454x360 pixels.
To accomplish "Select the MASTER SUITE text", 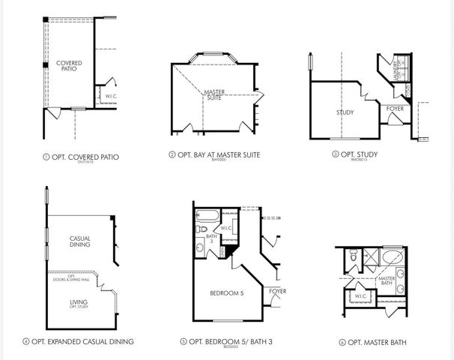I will tap(214, 95).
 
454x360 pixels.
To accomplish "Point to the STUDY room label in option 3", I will tap(345, 112).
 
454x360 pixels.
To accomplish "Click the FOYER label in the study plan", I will tap(395, 110).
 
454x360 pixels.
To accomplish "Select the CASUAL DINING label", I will tap(74, 241).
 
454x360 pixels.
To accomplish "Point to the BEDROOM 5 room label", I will tap(227, 293).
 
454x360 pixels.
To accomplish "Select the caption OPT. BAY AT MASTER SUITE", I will tap(219, 155).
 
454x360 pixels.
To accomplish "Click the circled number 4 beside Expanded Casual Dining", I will tap(26, 341).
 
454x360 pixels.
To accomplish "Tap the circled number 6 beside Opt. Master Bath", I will tap(342, 342).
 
